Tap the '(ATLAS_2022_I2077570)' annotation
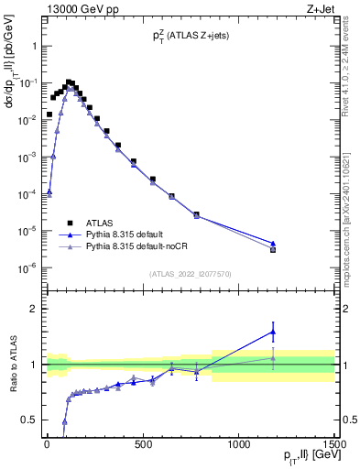pos(190,274)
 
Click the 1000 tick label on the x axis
pos(238,445)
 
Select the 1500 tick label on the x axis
pos(333,445)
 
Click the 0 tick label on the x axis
pos(47,445)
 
